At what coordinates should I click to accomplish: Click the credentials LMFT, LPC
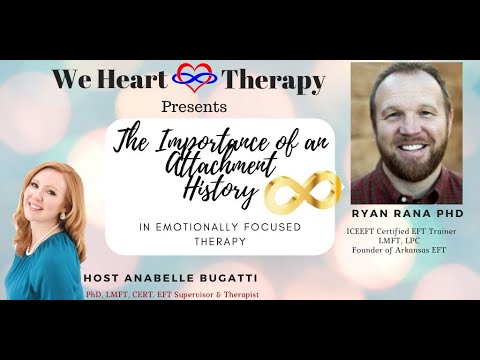click(398, 245)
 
